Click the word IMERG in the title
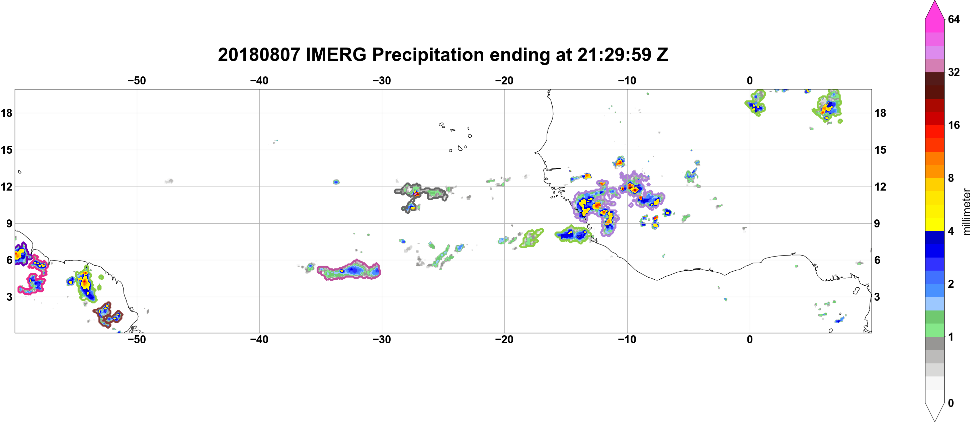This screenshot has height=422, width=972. [x=336, y=55]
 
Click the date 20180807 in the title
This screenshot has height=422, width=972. [x=259, y=55]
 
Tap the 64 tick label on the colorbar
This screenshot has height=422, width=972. [x=954, y=19]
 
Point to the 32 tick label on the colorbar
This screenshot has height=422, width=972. [x=954, y=72]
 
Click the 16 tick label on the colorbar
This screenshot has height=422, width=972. [x=954, y=125]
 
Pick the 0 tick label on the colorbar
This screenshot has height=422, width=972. [x=951, y=403]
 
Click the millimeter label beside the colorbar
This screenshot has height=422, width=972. [x=966, y=212]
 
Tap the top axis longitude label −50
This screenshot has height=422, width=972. [x=137, y=80]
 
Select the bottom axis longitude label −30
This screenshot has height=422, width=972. [x=382, y=339]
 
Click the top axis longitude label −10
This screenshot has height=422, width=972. [x=627, y=80]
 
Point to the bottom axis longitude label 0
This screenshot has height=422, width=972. [x=750, y=339]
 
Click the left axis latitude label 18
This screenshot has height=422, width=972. [x=6, y=113]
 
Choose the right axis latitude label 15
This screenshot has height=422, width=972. [x=881, y=150]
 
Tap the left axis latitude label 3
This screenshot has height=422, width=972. [x=9, y=297]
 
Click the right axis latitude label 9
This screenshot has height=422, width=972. [x=877, y=223]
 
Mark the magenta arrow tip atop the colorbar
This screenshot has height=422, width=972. [x=935, y=1]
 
